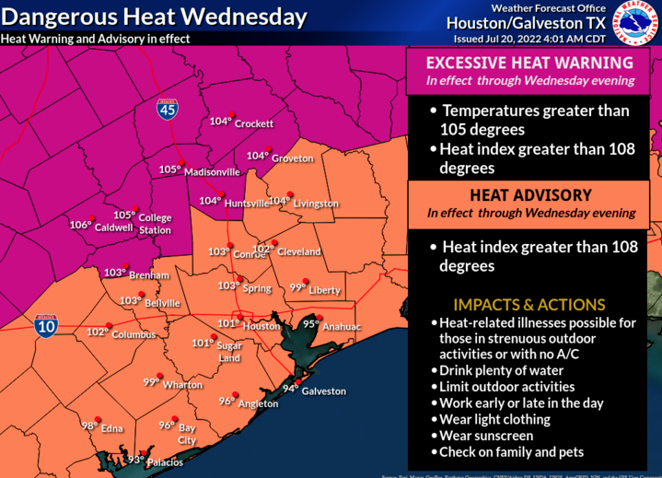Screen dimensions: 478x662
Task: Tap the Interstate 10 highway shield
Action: [45, 326]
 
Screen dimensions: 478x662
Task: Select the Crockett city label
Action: [255, 123]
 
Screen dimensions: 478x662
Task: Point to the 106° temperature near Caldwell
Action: [80, 225]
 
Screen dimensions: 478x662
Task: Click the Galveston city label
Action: [324, 391]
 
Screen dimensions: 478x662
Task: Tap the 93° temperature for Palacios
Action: [136, 460]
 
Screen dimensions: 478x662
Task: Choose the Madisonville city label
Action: [213, 171]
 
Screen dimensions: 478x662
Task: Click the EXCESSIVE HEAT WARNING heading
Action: [528, 63]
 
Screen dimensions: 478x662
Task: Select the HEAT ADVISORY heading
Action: [529, 195]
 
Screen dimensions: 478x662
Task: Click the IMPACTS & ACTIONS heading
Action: [528, 305]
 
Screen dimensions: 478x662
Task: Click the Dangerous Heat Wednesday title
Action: [154, 17]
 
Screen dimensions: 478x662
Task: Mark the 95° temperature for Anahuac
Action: [311, 323]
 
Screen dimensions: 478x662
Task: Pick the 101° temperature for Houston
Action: [228, 323]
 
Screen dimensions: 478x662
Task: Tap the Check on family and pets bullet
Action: [511, 452]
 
